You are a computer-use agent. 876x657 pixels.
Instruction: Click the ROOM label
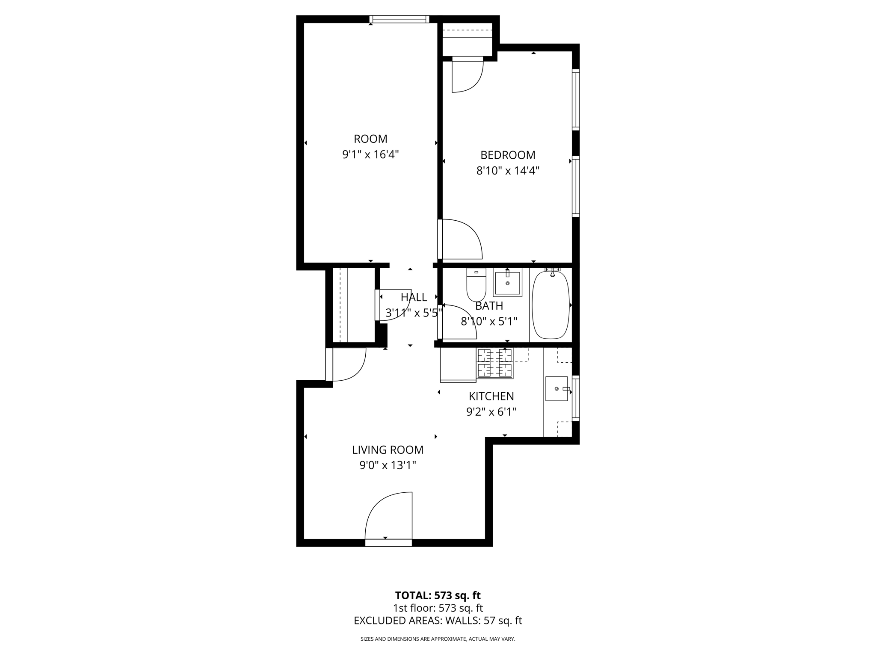coord(370,139)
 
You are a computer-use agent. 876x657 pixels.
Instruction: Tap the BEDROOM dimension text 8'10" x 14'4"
coord(508,171)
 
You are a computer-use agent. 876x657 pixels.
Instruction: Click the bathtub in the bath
coord(550,305)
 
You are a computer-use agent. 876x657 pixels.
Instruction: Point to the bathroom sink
coord(508,283)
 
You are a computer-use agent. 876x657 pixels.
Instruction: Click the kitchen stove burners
coord(495,364)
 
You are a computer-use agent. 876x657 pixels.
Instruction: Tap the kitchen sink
coord(556,389)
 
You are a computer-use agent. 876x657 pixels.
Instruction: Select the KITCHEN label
coord(491,396)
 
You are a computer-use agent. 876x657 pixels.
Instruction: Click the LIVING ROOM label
coord(388,450)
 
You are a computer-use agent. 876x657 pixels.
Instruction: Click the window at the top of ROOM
coord(400,19)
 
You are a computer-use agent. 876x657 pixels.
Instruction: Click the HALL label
coord(414,297)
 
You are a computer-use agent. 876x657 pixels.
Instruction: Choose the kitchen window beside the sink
coord(576,398)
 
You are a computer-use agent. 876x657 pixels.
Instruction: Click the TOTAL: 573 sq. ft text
coord(438,595)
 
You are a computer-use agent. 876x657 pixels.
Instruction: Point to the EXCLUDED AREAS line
coord(438,621)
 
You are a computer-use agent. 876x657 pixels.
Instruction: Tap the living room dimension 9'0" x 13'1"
coord(388,465)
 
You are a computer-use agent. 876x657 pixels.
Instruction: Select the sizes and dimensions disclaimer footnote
coord(438,639)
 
